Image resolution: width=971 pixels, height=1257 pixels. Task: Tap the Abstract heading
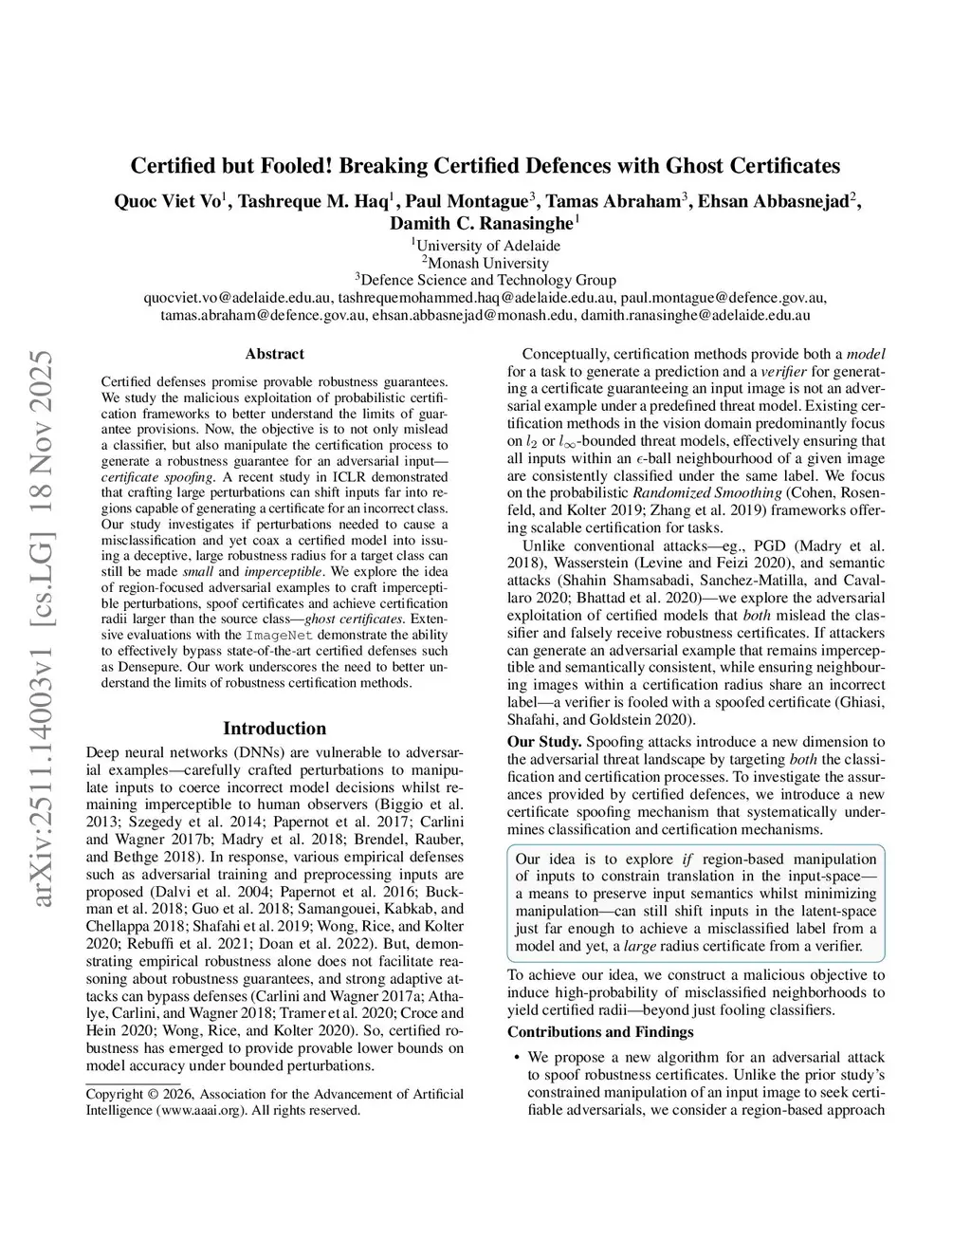[x=274, y=354]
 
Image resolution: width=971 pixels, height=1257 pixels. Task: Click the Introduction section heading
[x=274, y=729]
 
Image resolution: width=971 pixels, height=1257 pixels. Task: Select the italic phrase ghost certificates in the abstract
[x=355, y=619]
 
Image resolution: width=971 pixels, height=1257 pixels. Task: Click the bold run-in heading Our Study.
[x=544, y=742]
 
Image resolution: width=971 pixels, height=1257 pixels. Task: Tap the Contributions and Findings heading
[x=600, y=1032]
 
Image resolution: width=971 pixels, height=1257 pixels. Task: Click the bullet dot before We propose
[x=515, y=1057]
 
